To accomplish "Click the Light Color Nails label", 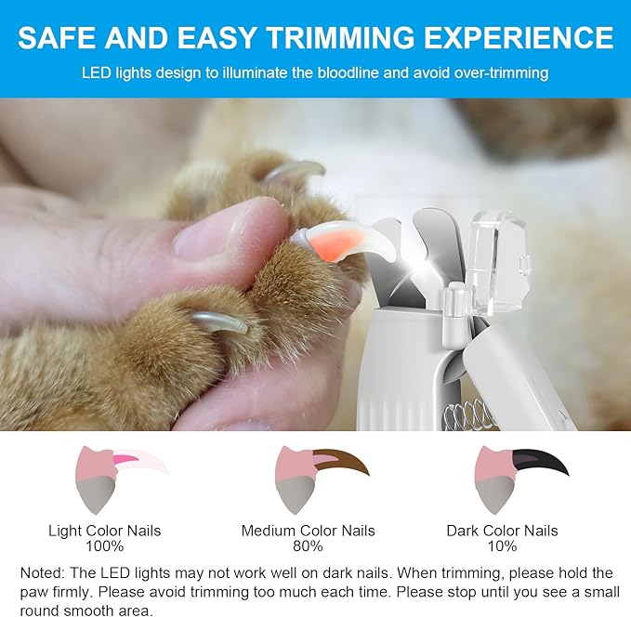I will tap(104, 531).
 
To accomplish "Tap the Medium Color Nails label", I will tap(308, 531).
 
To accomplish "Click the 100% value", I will tap(104, 546).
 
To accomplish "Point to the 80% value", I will tap(308, 546).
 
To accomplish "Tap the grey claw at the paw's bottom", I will tap(221, 322).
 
